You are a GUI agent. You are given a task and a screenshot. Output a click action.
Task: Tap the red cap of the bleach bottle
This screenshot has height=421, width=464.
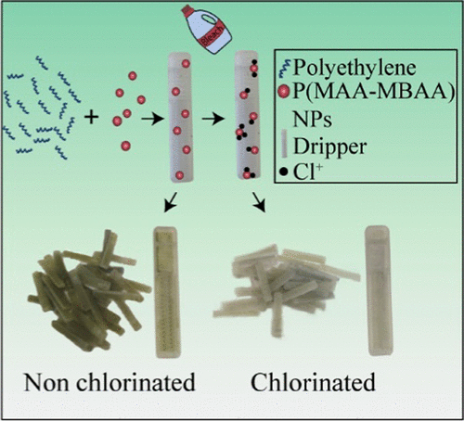point(187,11)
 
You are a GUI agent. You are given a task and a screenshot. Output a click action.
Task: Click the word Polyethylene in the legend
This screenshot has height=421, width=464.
point(354,68)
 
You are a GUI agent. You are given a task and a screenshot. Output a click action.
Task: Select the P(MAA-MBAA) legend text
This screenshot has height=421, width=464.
point(374,92)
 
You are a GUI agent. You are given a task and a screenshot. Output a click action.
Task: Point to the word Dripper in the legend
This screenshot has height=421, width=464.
point(330,147)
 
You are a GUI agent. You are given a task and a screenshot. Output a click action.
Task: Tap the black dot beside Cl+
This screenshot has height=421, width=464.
point(284,172)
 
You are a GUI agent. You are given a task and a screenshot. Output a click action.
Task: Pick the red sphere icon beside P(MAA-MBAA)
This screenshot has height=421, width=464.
point(283,91)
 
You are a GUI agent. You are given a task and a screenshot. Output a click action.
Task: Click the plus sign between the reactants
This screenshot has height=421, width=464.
point(92,118)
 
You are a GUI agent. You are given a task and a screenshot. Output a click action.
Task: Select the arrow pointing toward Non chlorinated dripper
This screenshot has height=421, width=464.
point(170,202)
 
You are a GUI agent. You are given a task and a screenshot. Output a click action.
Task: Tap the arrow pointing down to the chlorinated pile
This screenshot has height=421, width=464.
point(259,202)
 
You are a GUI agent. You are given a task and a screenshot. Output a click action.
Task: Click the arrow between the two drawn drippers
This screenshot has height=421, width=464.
point(213,119)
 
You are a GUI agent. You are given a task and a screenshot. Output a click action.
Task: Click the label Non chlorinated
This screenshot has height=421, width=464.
point(110,382)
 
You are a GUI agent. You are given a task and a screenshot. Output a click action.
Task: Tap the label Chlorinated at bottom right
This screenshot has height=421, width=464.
point(313,382)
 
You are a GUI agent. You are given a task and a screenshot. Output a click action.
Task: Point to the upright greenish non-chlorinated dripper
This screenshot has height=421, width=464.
point(166,292)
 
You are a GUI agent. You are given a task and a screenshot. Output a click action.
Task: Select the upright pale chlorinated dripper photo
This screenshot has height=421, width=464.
point(379,290)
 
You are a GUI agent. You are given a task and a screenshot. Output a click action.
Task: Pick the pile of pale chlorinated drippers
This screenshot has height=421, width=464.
point(286,289)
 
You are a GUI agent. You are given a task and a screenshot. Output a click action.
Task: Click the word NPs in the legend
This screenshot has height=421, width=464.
point(312,119)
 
